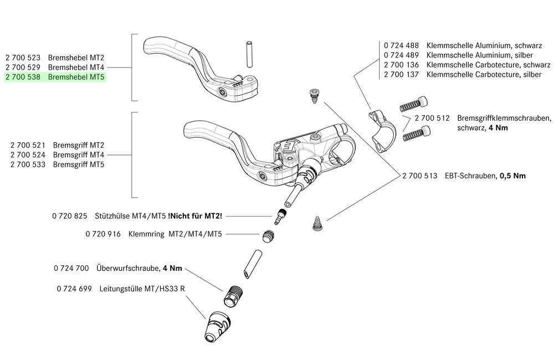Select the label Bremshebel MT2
[x=76, y=58]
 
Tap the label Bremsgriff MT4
[x=79, y=155]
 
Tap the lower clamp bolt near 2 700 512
[x=417, y=133]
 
